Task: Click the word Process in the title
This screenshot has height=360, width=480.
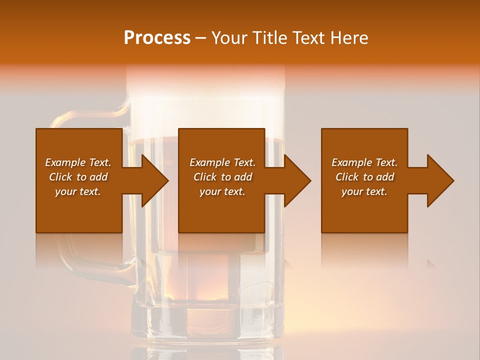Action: (x=157, y=38)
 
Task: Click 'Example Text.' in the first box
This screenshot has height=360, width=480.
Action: (x=78, y=162)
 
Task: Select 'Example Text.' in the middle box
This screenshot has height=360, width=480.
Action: (x=222, y=162)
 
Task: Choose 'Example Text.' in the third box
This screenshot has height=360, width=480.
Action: (x=364, y=162)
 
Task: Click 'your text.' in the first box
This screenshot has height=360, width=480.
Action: (x=78, y=191)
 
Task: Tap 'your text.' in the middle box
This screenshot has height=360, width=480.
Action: (x=222, y=191)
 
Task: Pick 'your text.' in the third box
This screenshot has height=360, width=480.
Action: (x=364, y=191)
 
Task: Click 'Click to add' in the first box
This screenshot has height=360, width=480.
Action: (x=78, y=177)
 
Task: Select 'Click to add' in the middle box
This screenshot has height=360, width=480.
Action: (x=222, y=177)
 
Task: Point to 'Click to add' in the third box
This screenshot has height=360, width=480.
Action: (x=364, y=177)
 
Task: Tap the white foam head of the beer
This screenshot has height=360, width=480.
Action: (x=205, y=95)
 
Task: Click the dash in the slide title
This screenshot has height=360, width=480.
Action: (x=201, y=38)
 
